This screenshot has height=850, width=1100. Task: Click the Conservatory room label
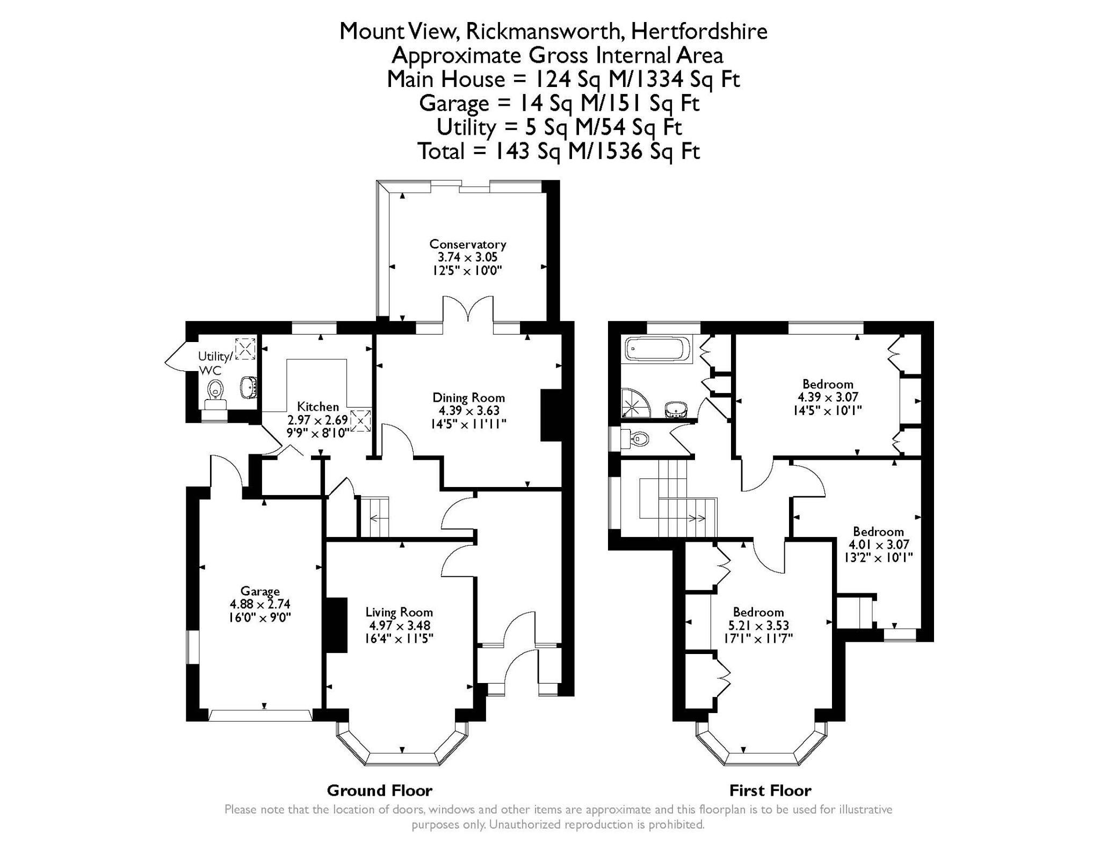click(x=468, y=244)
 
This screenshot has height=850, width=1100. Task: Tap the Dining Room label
click(x=469, y=398)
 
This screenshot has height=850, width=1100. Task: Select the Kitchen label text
click(x=318, y=407)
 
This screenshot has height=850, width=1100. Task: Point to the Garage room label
click(x=260, y=592)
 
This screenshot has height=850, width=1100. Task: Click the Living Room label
click(x=399, y=612)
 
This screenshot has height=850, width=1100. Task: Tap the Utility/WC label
click(x=215, y=363)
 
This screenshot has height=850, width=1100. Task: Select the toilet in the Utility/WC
click(x=215, y=390)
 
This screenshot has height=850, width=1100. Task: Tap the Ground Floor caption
click(x=379, y=790)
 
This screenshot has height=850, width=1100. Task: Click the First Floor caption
click(x=770, y=790)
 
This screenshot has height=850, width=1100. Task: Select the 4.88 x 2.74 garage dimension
click(x=260, y=604)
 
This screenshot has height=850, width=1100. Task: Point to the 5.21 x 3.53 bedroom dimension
click(x=758, y=625)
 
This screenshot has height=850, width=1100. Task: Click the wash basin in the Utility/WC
click(x=249, y=387)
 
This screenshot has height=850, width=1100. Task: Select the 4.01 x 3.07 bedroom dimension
click(x=879, y=544)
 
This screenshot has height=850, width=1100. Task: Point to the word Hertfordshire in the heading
click(x=699, y=31)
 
